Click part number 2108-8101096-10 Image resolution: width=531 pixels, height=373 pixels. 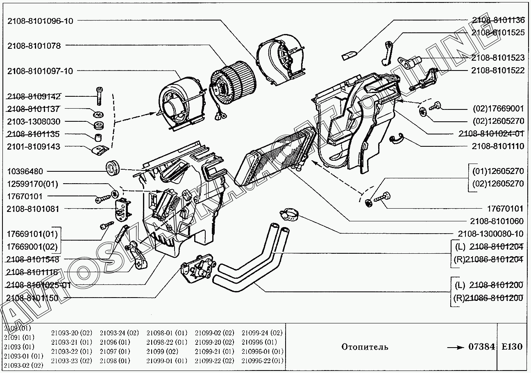(40, 21)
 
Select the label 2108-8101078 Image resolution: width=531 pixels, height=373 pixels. (34, 46)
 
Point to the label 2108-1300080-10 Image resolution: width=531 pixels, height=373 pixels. (490, 234)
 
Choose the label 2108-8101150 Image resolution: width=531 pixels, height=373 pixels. (32, 298)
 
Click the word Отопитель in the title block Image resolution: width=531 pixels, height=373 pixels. (365, 347)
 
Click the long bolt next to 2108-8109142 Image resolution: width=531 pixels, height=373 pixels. (99, 96)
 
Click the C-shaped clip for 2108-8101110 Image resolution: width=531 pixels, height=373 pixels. (397, 140)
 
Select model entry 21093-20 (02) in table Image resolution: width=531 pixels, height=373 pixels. (72, 332)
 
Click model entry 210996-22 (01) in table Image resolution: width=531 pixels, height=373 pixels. (262, 361)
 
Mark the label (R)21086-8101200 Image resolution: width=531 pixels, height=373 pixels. (488, 298)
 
